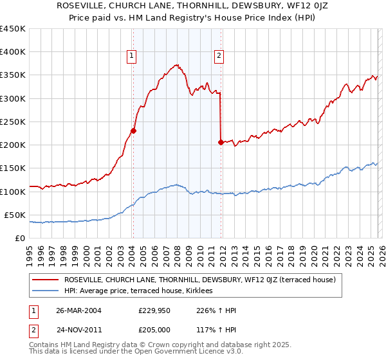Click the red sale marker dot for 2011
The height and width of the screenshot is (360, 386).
coord(221,142)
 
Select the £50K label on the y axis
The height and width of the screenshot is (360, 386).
coord(15,215)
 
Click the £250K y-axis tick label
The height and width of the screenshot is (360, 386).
coord(12,122)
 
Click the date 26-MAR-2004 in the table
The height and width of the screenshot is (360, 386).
coord(78,310)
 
